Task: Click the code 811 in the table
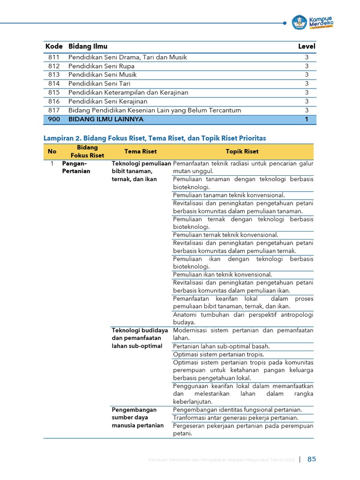click(x=54, y=57)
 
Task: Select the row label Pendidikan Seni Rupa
click(x=101, y=66)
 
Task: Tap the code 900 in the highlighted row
click(x=54, y=120)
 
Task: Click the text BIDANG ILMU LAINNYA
click(x=106, y=120)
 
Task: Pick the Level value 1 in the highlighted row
click(x=307, y=120)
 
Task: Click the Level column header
click(x=307, y=46)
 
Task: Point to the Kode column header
click(x=54, y=46)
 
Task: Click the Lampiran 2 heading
click(x=155, y=138)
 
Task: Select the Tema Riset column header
click(x=141, y=151)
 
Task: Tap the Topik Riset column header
click(x=242, y=151)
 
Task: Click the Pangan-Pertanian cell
click(x=76, y=167)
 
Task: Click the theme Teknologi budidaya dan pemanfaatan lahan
click(x=140, y=338)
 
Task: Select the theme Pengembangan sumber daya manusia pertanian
click(x=138, y=418)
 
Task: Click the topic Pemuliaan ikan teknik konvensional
click(x=223, y=275)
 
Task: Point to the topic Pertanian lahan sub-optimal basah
click(x=221, y=346)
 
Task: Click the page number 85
click(x=312, y=459)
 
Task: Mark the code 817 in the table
click(x=54, y=111)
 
